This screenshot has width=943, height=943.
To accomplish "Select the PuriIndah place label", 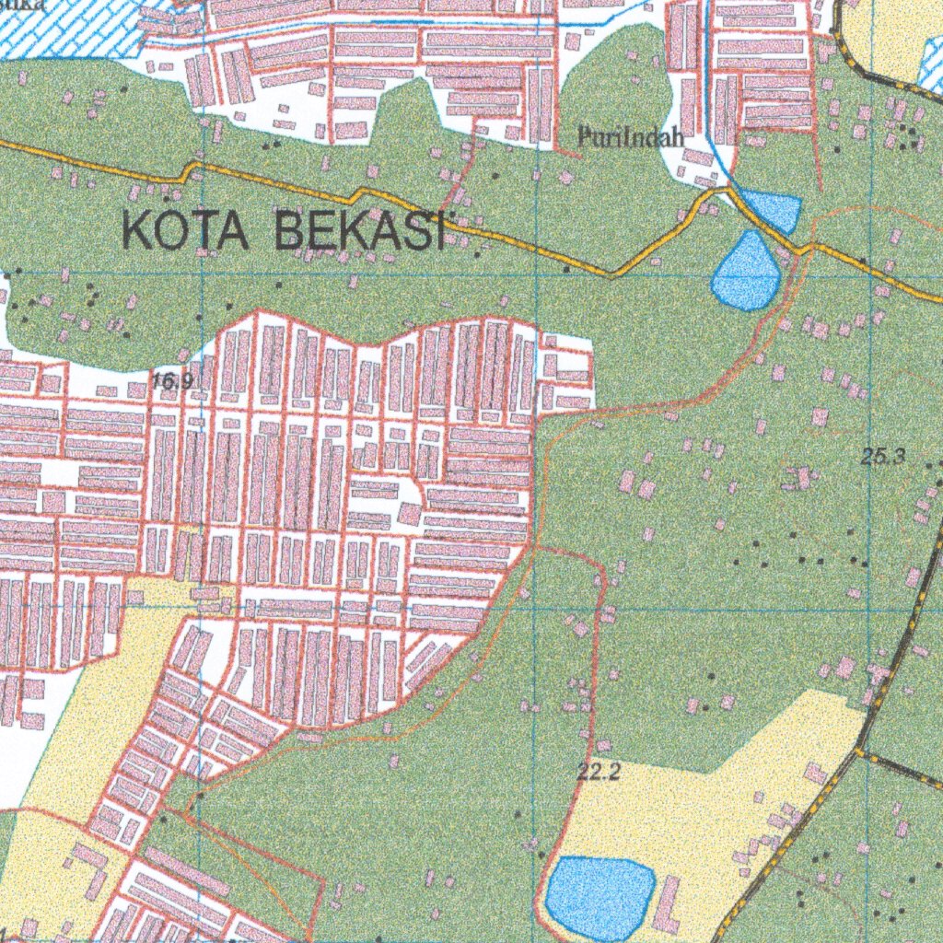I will pyautogui.click(x=631, y=139).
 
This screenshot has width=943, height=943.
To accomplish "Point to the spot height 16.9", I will pyautogui.click(x=172, y=381).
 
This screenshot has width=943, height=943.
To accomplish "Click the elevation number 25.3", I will pyautogui.click(x=882, y=455).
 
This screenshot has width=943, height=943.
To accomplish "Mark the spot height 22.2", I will pyautogui.click(x=598, y=774).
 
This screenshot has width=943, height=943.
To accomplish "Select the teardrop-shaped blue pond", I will pyautogui.click(x=747, y=273).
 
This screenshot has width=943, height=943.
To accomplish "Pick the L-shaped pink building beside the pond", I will pyautogui.click(x=664, y=902).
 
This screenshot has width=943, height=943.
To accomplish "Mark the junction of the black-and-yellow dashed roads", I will pyautogui.click(x=860, y=752).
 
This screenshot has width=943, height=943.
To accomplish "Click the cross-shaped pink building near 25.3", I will pyautogui.click(x=800, y=478).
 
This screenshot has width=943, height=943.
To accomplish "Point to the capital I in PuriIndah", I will pyautogui.click(x=624, y=138).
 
